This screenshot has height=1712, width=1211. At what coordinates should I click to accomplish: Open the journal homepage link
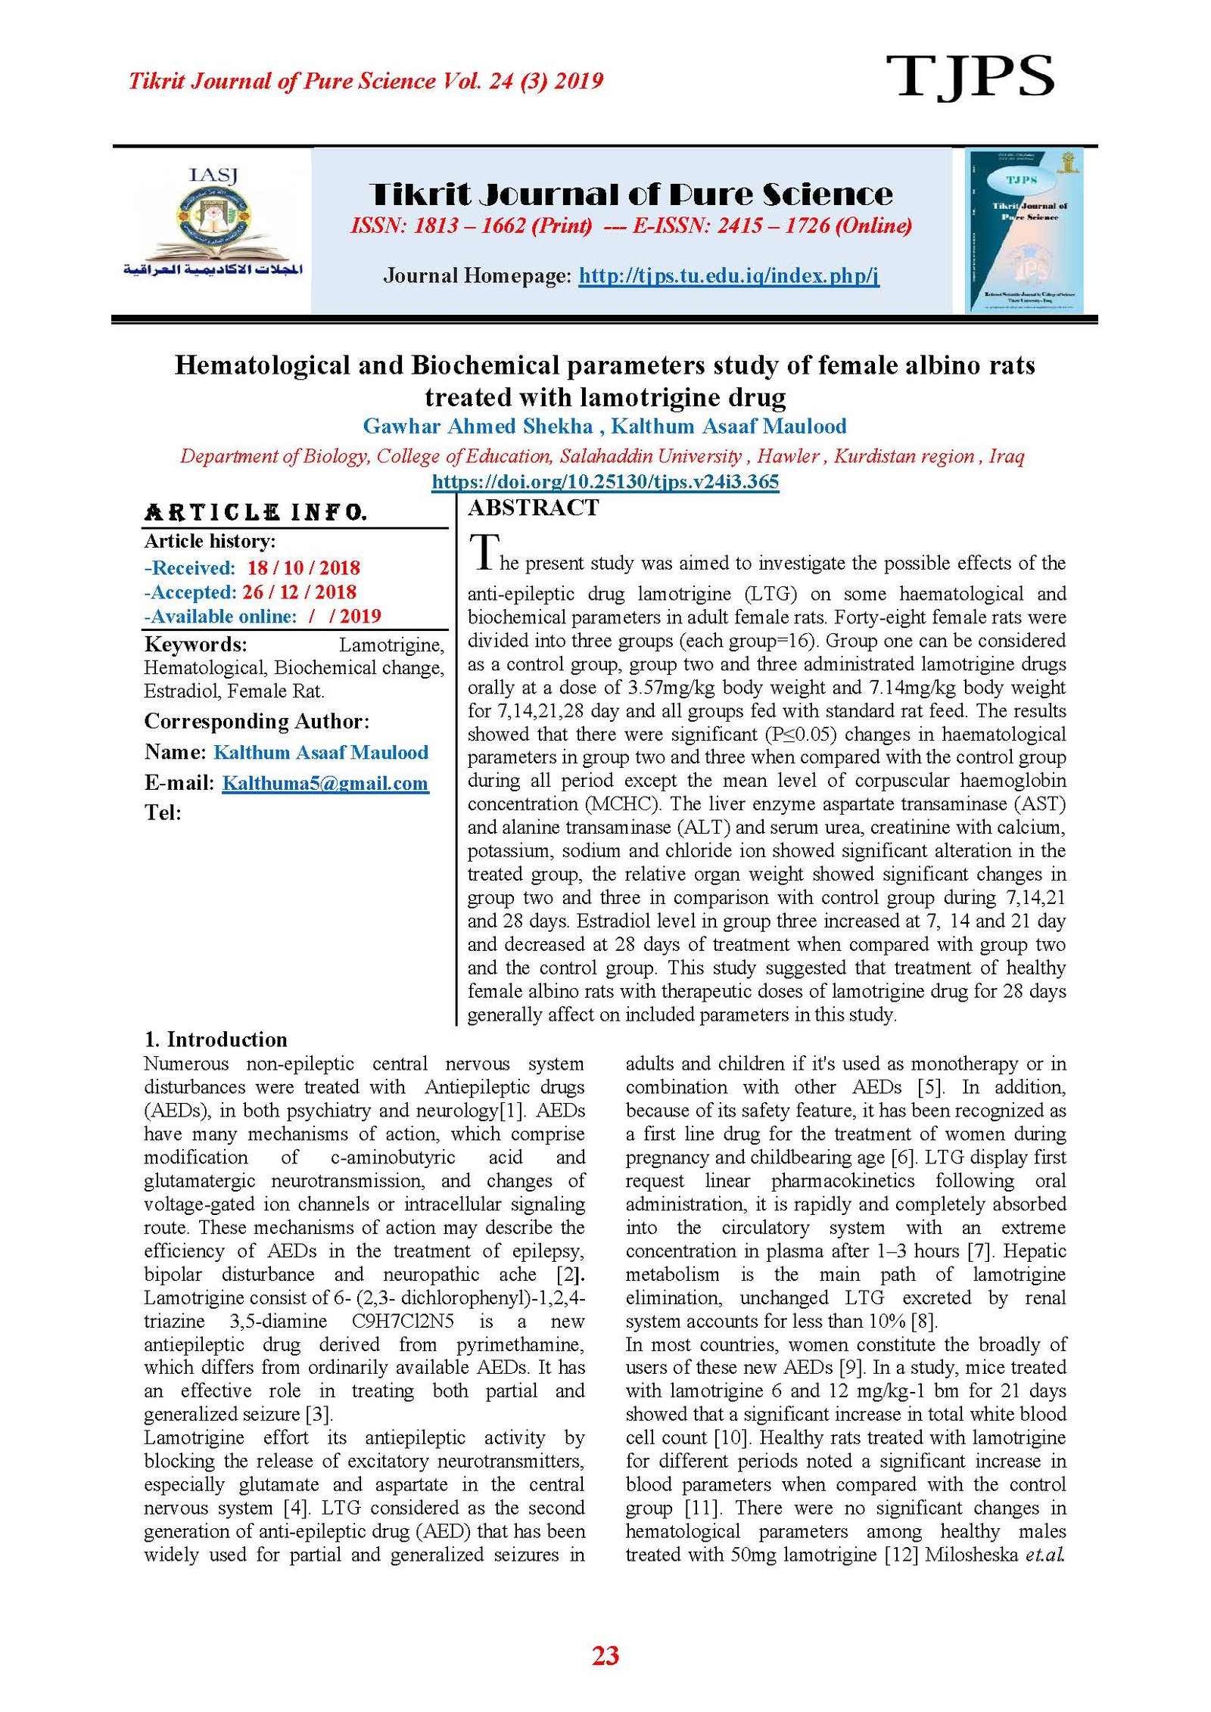[729, 275]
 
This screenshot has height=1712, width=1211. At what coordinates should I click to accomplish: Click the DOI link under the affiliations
[605, 482]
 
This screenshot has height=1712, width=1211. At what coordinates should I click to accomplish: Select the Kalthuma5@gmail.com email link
[325, 783]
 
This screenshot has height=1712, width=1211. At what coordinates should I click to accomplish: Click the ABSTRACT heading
[534, 508]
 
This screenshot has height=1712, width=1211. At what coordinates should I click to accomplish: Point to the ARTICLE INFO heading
[256, 513]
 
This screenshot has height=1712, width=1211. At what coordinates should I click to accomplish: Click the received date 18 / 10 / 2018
[304, 567]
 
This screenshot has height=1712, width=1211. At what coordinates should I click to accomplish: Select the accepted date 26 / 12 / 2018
[299, 592]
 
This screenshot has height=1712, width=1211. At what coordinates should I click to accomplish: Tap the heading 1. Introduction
[216, 1039]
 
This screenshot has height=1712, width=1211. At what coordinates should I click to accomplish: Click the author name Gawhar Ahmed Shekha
[478, 426]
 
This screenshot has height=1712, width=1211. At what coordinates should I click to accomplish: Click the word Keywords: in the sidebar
[195, 645]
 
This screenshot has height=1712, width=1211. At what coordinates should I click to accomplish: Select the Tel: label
[163, 813]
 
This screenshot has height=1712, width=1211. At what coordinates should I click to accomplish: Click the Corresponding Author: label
[257, 721]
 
